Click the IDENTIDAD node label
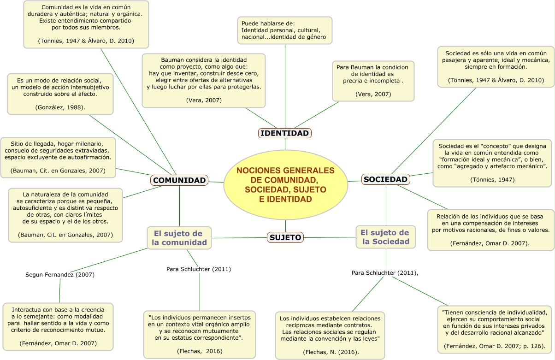[284, 133]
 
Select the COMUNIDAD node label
[179, 180]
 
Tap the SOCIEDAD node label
[385, 179]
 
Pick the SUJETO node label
[285, 237]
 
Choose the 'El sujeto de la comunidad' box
[179, 237]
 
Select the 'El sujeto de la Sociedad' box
[385, 236]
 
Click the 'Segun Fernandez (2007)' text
[60, 274]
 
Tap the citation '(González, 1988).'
[60, 107]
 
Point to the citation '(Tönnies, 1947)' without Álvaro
[492, 179]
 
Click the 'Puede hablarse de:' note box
[284, 30]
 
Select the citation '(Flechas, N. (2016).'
[331, 352]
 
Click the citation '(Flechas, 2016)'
[199, 351]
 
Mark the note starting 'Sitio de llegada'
[58, 157]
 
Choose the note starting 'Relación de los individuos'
[490, 229]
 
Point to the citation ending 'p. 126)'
[494, 346]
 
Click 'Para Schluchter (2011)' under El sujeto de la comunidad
[199, 269]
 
